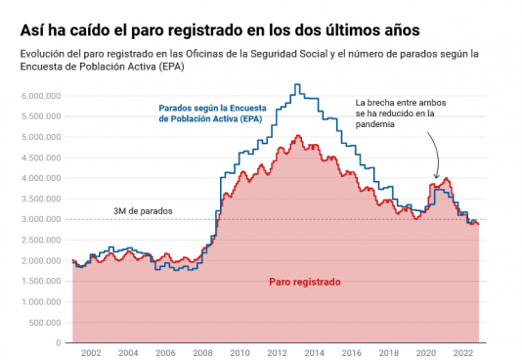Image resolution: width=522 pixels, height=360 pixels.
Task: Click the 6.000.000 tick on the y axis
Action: tap(41, 96)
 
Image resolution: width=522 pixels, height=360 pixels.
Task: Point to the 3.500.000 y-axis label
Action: tap(41, 199)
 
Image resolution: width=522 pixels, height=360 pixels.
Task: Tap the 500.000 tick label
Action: tap(45, 323)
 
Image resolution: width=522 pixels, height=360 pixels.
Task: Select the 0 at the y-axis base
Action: tap(59, 343)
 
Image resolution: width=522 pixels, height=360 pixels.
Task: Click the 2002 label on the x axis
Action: tap(91, 353)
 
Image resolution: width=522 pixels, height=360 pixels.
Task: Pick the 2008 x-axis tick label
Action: tap(202, 353)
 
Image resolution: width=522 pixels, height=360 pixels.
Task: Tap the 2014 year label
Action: tap(314, 353)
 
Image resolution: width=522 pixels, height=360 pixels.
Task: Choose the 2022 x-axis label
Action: tap(463, 353)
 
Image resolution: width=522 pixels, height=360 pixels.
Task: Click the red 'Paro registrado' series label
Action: tap(305, 282)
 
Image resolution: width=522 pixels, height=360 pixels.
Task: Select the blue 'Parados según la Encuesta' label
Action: tap(212, 109)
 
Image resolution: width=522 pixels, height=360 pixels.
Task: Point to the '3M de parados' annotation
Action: tap(143, 211)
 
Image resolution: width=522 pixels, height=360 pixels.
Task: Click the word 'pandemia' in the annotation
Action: tap(374, 124)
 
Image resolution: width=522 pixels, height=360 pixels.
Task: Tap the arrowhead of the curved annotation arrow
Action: tap(436, 176)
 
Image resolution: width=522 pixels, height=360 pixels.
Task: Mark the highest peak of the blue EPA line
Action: tap(297, 84)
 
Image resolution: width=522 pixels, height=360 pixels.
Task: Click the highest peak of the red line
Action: tap(298, 135)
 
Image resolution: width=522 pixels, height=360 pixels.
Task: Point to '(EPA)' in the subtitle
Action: tap(171, 67)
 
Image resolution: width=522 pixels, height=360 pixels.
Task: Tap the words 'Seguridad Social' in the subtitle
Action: tap(289, 54)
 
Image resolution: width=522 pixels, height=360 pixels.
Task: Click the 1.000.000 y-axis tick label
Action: tap(41, 301)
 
